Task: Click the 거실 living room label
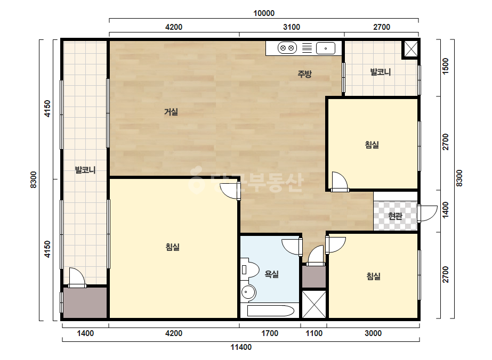click(171, 112)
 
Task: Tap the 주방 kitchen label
click(304, 74)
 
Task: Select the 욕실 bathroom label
click(272, 274)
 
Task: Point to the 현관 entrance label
click(395, 216)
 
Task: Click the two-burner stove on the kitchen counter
click(287, 48)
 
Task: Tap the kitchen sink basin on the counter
click(325, 48)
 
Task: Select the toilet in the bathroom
click(250, 269)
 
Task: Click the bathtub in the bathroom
click(270, 311)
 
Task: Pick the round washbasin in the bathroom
click(248, 292)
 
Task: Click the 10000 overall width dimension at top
click(264, 13)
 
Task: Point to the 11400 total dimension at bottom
click(241, 347)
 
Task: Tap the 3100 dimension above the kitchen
click(292, 27)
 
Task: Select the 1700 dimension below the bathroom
click(270, 333)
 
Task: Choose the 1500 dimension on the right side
click(446, 66)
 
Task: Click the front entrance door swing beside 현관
click(428, 213)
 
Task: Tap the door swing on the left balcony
click(77, 277)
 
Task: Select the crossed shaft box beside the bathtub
click(314, 305)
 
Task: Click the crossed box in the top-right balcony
click(410, 49)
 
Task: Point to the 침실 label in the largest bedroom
click(173, 247)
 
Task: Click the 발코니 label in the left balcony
click(85, 170)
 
